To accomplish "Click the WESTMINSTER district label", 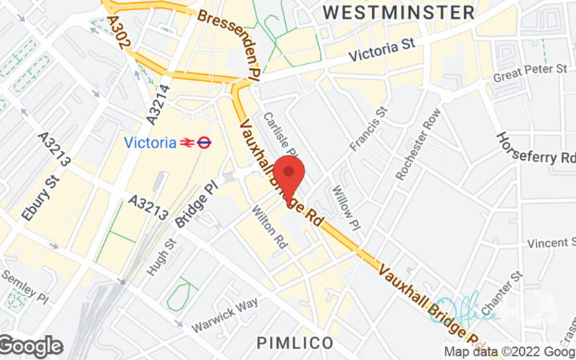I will click(398, 12).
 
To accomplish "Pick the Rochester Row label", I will click(417, 143).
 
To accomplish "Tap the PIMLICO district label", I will click(297, 341).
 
